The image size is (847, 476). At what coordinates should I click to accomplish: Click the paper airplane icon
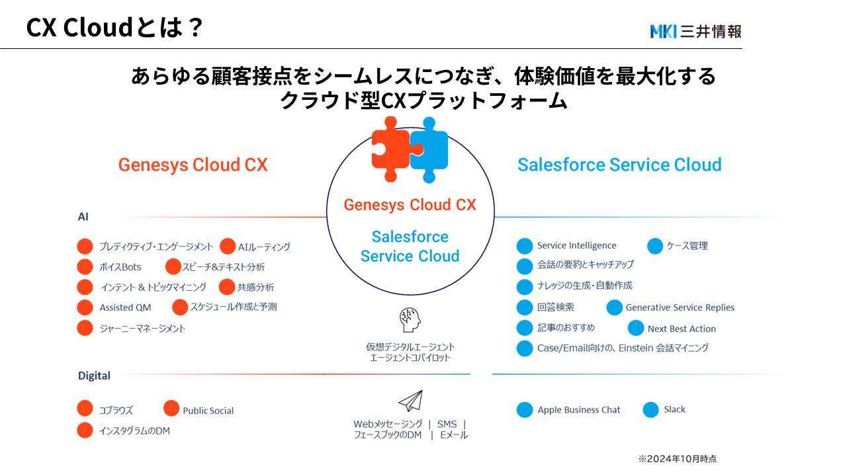point(410,401)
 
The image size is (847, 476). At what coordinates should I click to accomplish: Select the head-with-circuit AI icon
point(410,320)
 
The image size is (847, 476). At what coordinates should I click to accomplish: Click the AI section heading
point(83,217)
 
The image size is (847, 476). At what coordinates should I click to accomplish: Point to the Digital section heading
point(94,376)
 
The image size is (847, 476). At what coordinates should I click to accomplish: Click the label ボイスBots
point(120,267)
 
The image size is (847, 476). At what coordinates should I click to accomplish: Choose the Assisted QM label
point(125,307)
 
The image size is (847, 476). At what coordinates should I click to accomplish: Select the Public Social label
point(208,411)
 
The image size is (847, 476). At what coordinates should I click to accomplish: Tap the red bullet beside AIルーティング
point(228,247)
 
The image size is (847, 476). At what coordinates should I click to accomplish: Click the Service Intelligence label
point(576,245)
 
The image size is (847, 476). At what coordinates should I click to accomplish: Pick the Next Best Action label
point(682,329)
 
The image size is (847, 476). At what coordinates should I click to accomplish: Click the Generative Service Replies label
point(680,307)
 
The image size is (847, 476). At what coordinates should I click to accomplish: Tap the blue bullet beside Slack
point(651,410)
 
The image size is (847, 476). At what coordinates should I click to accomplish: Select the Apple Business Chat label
point(579,410)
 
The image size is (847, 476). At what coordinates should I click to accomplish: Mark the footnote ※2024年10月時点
point(677,458)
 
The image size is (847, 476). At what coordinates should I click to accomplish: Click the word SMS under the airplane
point(447,424)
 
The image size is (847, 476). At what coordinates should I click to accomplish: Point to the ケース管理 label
point(687,245)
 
